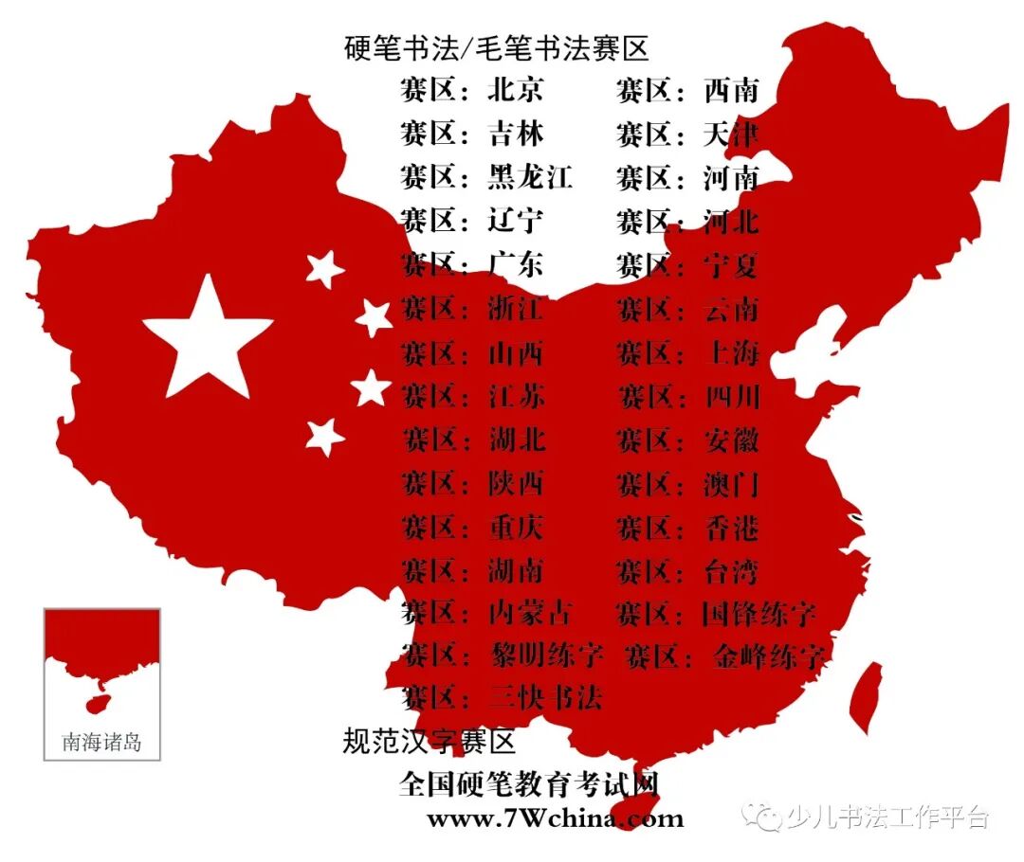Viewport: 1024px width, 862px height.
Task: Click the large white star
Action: tap(207, 338)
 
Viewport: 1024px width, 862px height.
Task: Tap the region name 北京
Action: tap(516, 90)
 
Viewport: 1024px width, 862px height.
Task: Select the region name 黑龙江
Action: tap(530, 177)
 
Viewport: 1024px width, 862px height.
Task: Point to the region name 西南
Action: tap(731, 90)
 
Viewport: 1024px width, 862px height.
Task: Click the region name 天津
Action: tap(731, 134)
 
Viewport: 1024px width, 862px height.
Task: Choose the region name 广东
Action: tap(516, 264)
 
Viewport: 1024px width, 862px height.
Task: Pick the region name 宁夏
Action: tap(731, 264)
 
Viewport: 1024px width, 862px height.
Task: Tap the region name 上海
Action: tap(731, 352)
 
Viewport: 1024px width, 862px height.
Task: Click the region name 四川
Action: tap(731, 396)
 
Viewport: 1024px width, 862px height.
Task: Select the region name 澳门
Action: tap(731, 484)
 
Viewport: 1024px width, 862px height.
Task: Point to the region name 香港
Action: tap(731, 528)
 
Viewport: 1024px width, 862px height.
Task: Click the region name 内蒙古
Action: tap(530, 613)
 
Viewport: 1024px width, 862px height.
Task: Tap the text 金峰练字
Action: tap(768, 655)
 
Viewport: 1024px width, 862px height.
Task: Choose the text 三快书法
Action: tap(545, 698)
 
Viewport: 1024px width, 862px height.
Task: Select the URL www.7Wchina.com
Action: tap(555, 817)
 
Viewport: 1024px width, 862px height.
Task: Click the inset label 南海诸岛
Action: tap(101, 742)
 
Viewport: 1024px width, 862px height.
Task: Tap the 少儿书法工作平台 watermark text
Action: tap(887, 817)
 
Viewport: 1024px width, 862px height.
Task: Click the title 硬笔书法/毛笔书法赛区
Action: tap(496, 48)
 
